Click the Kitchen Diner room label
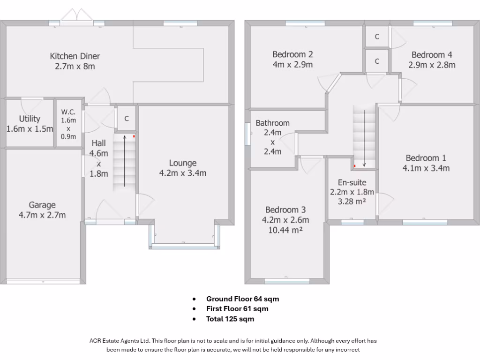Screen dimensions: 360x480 (x=75, y=56)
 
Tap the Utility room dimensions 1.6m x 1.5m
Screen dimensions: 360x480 (x=30, y=129)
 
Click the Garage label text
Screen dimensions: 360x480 (x=42, y=205)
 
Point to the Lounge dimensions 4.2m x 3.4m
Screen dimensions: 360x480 (x=183, y=173)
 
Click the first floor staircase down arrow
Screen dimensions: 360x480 (x=364, y=136)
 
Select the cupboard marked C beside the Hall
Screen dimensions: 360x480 (x=126, y=119)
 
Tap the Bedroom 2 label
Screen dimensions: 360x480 (x=292, y=54)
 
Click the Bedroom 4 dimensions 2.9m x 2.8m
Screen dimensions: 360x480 (x=434, y=65)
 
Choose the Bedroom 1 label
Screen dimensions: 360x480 (x=426, y=158)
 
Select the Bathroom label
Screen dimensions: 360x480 (x=272, y=123)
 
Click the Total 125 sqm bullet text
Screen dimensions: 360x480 (x=230, y=319)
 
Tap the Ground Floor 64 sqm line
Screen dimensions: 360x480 (x=242, y=299)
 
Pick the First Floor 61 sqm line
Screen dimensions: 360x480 (x=237, y=309)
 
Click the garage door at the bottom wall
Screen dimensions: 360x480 (x=43, y=281)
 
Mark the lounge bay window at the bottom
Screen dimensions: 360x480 (x=184, y=246)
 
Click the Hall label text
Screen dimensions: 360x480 (x=99, y=143)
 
